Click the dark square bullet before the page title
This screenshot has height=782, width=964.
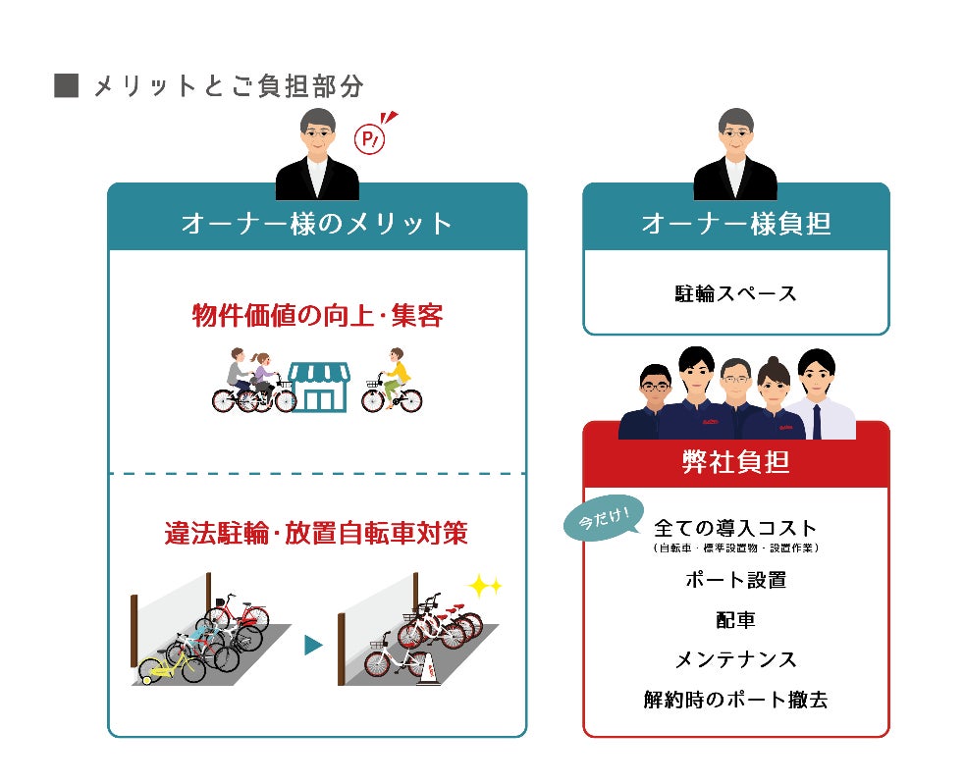coord(66,86)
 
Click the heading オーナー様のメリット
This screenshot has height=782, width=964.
coord(317,224)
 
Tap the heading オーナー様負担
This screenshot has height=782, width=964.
coord(736,224)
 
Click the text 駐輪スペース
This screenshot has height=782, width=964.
coord(736,292)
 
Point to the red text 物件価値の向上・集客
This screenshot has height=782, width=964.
coord(317,317)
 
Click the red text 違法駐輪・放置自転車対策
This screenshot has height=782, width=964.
coord(316,533)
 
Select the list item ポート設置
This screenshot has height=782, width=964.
coord(736,580)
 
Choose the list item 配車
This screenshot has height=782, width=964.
coord(736,620)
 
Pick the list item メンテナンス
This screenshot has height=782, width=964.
coord(736,659)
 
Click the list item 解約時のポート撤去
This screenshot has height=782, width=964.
coord(736,700)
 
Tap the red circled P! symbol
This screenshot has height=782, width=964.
coord(370,139)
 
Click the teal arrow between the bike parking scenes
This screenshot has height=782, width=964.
coord(313,645)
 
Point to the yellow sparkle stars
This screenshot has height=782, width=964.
coord(484,587)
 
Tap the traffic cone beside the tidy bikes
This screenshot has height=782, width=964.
coord(429,668)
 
